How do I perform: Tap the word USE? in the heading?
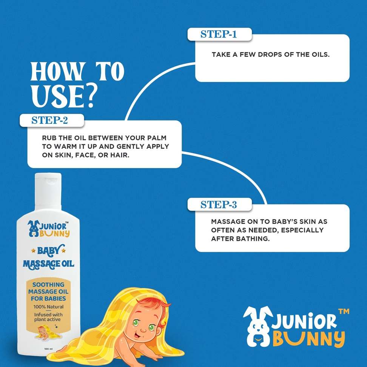[x=64, y=96]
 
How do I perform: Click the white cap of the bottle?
[x=48, y=191]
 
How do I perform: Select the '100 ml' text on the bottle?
[x=48, y=349]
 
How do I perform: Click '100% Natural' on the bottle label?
[x=48, y=307]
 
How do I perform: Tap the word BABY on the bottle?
[x=49, y=251]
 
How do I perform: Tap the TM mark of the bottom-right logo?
[x=344, y=311]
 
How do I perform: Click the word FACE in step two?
[x=84, y=155]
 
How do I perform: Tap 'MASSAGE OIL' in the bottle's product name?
[x=48, y=264]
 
